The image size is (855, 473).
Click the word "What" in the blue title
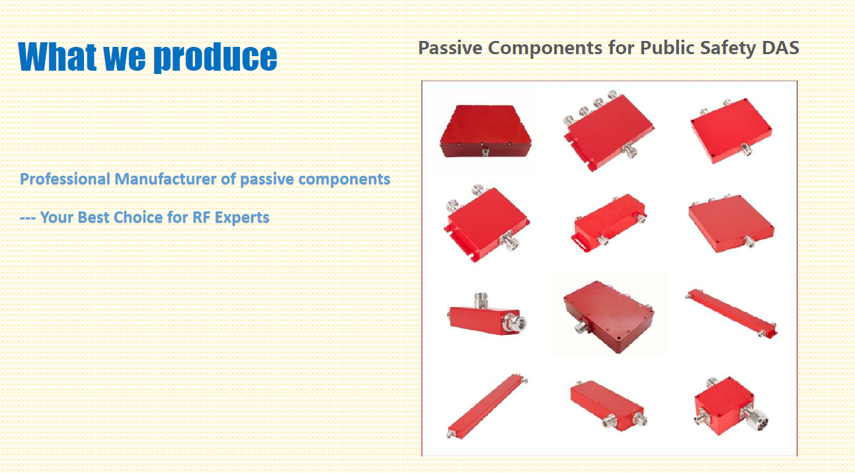click(57, 56)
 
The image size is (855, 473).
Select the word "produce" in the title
click(216, 57)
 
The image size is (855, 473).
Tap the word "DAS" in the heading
click(780, 48)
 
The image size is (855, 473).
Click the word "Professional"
click(65, 179)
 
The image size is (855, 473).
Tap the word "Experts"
click(242, 217)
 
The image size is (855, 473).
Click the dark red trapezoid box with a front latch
click(485, 131)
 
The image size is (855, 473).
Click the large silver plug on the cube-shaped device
click(755, 419)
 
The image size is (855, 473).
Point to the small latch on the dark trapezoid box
click(485, 152)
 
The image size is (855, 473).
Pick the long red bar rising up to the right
click(487, 407)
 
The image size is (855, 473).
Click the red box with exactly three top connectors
click(731, 223)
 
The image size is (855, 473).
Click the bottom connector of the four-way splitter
click(630, 150)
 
